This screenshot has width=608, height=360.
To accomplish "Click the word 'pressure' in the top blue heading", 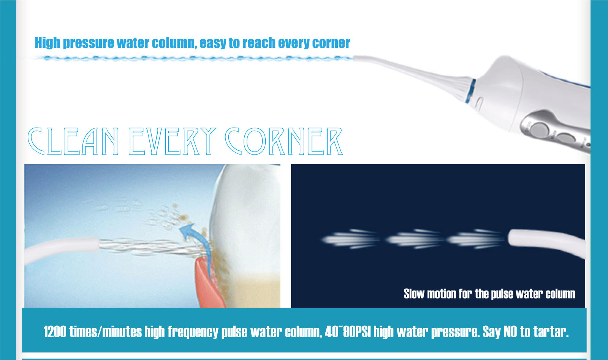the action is coord(89,43).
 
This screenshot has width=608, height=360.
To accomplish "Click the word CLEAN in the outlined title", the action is coord(73,141).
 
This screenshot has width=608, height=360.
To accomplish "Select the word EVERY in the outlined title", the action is coord(173,141).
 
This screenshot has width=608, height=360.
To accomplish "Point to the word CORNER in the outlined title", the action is coord(284,141).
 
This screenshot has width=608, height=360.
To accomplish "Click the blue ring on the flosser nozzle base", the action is coord(471,91).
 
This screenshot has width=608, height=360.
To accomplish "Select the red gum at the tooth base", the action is coord(209,284).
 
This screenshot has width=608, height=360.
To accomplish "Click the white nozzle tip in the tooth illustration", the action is coord(61,249).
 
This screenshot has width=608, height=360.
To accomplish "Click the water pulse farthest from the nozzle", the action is coord(350,239).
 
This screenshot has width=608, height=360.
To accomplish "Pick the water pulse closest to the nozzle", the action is coord(475,239).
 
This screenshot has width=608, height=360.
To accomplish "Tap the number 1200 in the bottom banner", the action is coord(55,332).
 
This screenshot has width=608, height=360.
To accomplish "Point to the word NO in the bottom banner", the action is coord(511,332).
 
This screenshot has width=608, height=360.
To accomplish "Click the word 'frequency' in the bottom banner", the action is coord(193,332).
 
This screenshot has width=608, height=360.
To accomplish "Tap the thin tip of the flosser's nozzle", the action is coord(356,58).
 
